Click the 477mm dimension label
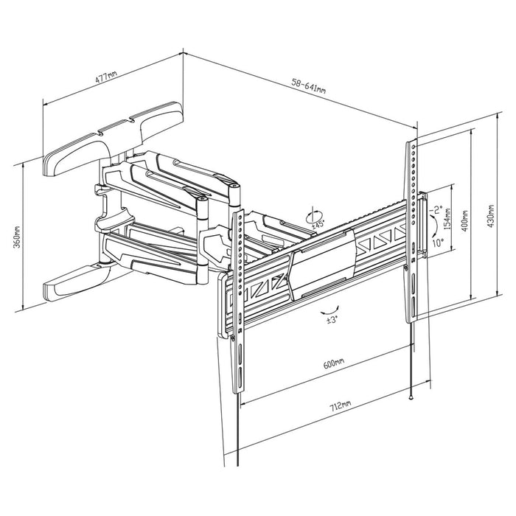tap(106, 75)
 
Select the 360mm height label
tap(17, 235)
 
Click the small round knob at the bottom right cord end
tap(410, 396)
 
